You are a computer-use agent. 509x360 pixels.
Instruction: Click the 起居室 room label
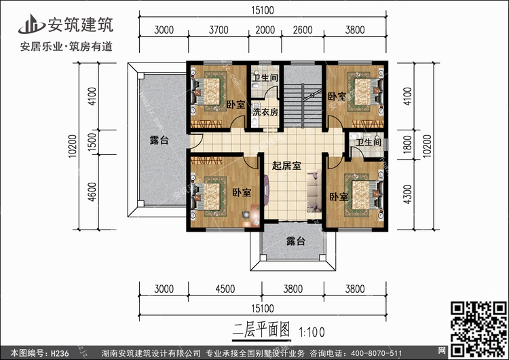coord(286,165)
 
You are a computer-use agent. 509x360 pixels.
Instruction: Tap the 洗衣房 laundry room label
coord(265,111)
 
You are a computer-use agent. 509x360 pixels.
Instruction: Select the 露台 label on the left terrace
coord(159,141)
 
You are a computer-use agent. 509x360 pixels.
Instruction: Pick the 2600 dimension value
coord(302,29)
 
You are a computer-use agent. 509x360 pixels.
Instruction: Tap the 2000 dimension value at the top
coord(266,29)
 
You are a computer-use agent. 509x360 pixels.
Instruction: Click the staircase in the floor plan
coord(301,101)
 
